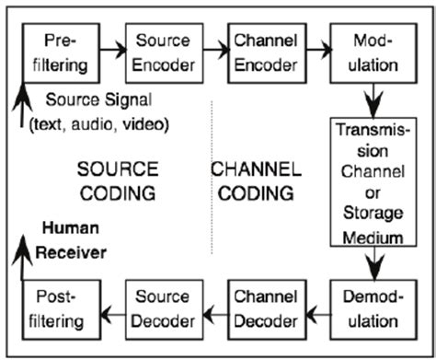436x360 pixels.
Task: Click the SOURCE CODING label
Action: [115, 181]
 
